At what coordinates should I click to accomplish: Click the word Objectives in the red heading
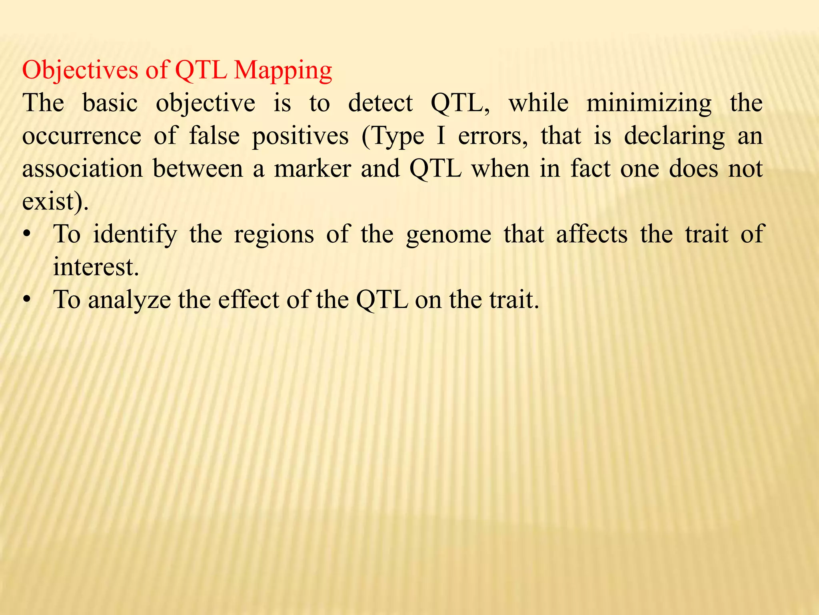(x=80, y=70)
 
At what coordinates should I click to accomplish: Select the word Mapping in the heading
(x=283, y=71)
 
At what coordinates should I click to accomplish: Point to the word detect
(x=380, y=103)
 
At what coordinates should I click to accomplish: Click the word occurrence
(x=82, y=136)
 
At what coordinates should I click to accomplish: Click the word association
(x=82, y=169)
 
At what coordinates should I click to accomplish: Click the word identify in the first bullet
(x=135, y=235)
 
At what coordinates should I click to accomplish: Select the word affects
(x=591, y=234)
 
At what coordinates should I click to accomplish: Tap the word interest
(x=96, y=267)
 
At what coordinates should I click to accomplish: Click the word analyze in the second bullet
(x=129, y=300)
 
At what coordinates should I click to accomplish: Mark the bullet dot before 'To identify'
(x=27, y=234)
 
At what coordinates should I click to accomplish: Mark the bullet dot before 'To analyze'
(x=27, y=299)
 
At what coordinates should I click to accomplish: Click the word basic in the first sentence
(x=110, y=103)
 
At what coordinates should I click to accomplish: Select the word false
(x=214, y=136)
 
